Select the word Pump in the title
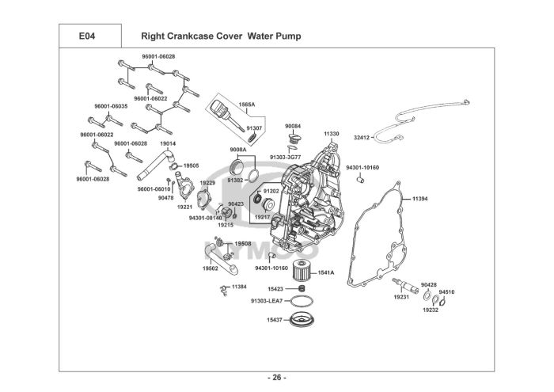[284, 36]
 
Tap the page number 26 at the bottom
[277, 376]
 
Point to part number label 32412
[361, 137]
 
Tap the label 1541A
[327, 273]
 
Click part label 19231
[401, 296]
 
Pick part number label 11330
[332, 135]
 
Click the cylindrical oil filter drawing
[301, 271]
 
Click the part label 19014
[168, 143]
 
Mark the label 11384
[239, 286]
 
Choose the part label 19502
[211, 268]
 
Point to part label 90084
[294, 126]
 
